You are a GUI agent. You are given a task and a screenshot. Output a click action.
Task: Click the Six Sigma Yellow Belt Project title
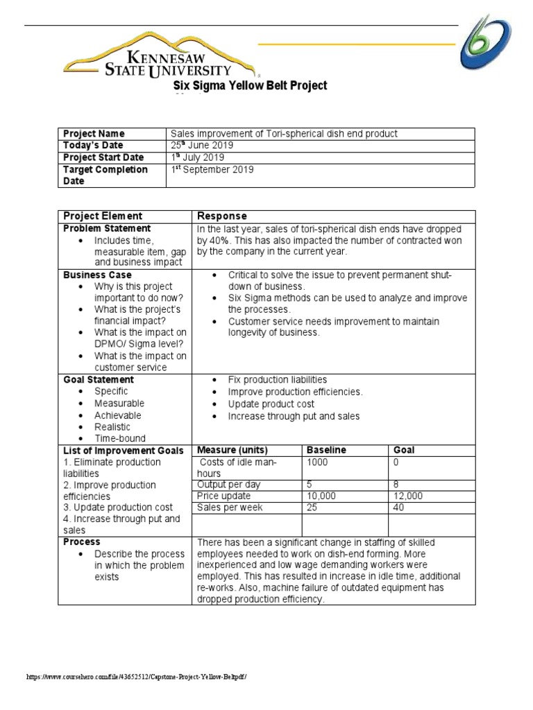250,86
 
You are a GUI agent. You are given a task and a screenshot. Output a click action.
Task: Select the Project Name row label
94,134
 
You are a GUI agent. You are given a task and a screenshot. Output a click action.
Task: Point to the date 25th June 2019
202,146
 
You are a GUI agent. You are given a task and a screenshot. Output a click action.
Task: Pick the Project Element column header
103,216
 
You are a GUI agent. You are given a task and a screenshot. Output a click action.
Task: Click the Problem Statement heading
107,228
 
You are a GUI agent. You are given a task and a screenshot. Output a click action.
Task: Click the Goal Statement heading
99,380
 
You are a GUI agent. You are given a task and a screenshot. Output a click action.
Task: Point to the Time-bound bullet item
120,438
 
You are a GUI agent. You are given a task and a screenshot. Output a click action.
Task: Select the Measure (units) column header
232,450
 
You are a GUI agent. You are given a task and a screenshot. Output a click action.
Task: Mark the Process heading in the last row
82,542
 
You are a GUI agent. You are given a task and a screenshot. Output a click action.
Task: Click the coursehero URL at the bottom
136,676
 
